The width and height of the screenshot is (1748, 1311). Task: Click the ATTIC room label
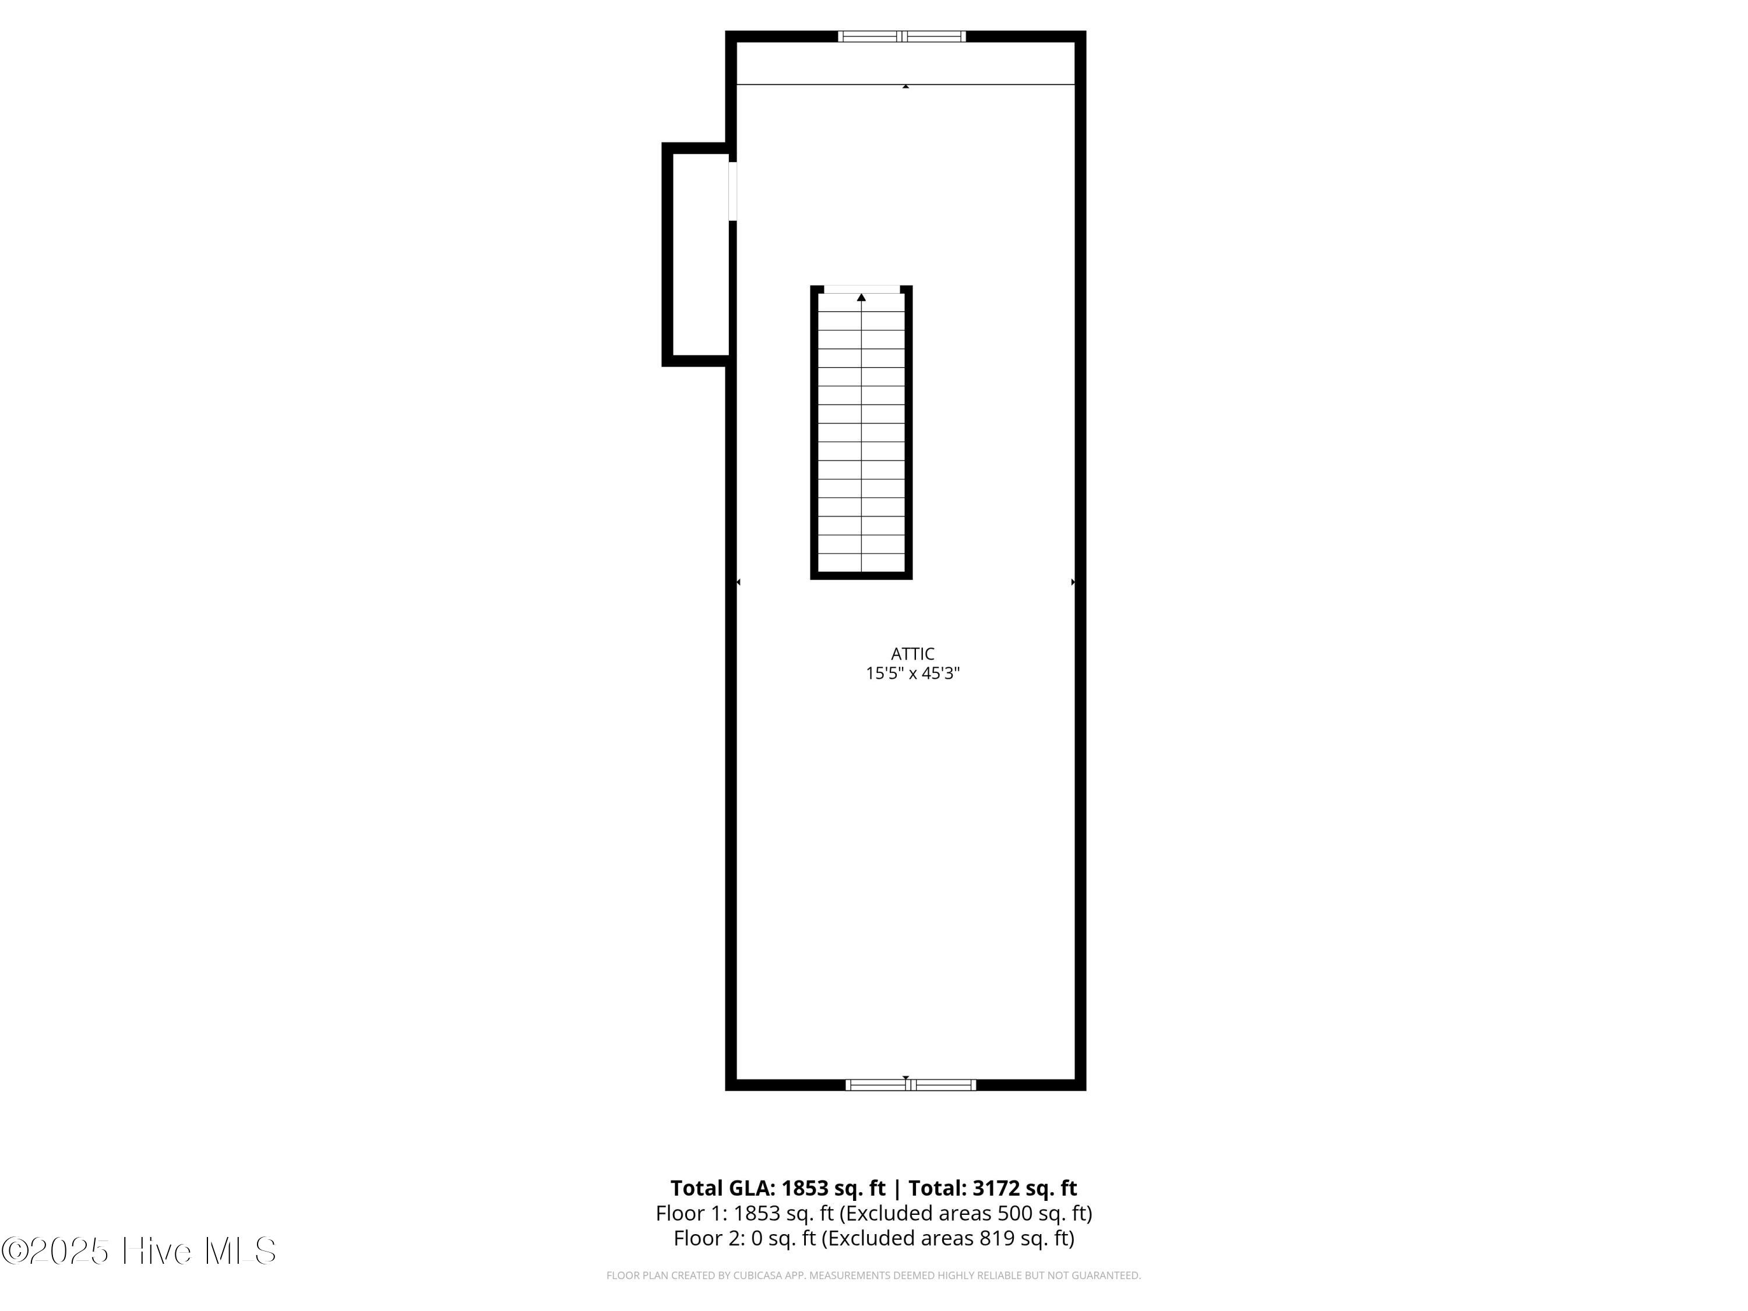(912, 654)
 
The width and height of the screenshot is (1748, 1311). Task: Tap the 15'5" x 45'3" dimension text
(912, 674)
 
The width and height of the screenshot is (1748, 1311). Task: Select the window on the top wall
(901, 36)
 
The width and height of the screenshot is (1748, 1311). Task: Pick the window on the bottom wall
(910, 1085)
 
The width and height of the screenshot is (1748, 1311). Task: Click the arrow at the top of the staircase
(861, 297)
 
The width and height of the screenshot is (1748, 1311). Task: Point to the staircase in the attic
(861, 432)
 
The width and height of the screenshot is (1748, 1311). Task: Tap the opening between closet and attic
(732, 191)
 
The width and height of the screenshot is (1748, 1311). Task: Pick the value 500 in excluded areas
(1016, 1213)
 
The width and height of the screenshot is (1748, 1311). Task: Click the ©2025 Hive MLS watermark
(139, 1251)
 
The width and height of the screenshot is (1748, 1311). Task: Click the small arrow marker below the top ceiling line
(905, 86)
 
